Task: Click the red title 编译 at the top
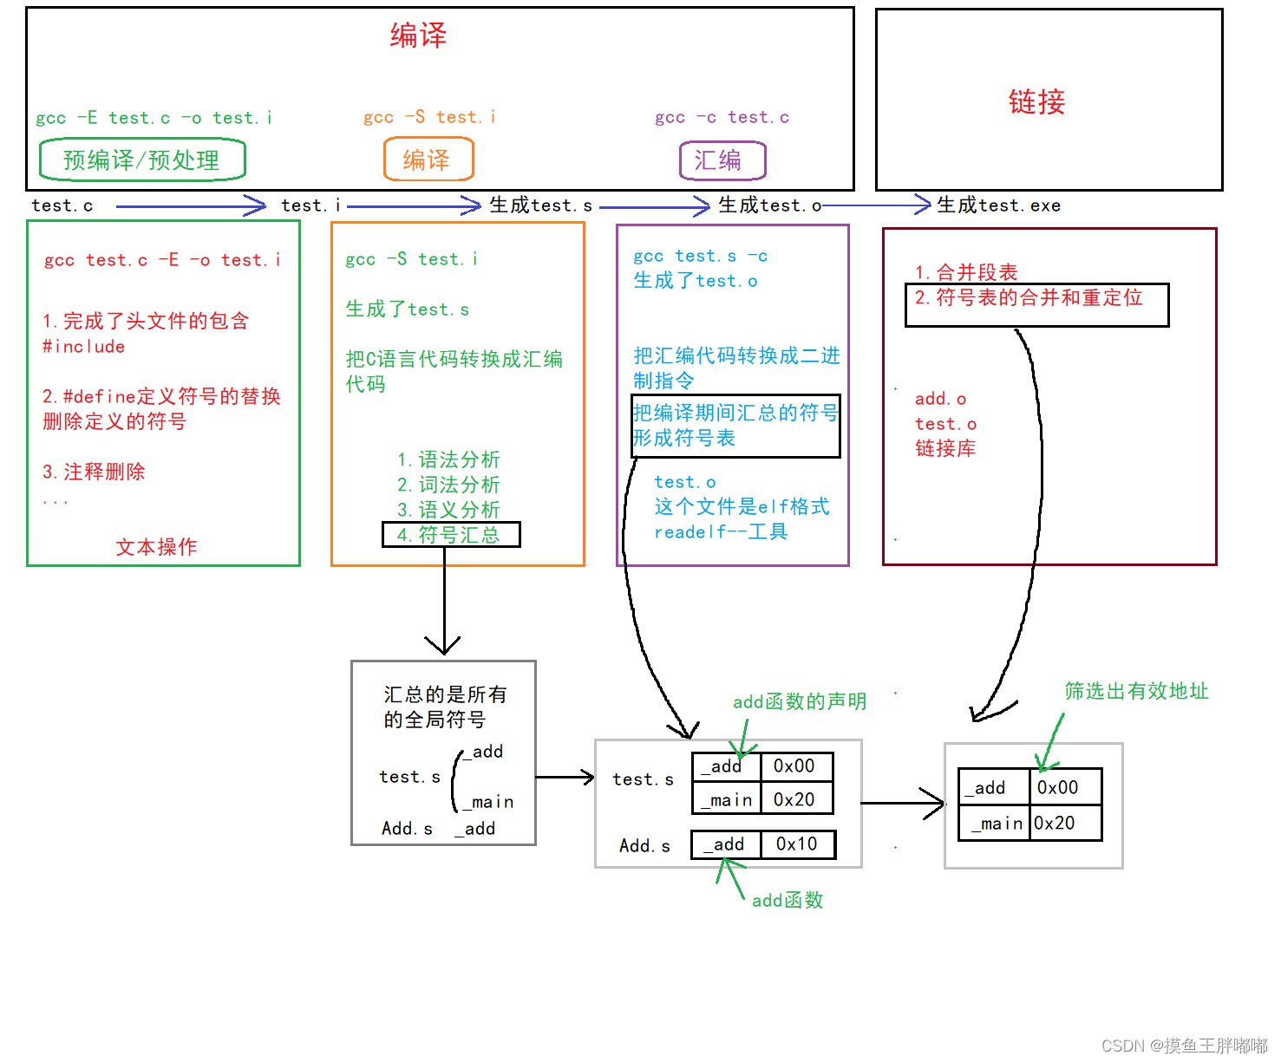coord(418,36)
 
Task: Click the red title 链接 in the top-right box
coord(1036,102)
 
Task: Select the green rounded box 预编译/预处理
coord(142,160)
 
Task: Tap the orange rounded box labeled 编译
coord(428,160)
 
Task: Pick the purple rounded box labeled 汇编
coord(722,160)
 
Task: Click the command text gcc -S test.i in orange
coord(429,117)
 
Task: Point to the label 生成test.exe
coord(998,205)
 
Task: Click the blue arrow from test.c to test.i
coord(191,206)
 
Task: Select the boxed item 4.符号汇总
coord(451,535)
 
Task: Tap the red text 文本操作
coord(157,547)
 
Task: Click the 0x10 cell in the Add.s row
coord(797,844)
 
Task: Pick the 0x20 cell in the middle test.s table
coord(795,799)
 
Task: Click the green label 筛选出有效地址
coord(1136,691)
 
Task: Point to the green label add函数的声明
coord(799,701)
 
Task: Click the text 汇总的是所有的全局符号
coord(444,707)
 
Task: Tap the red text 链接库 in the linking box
coord(945,448)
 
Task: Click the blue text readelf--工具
coord(721,531)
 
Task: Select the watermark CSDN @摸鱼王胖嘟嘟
coord(1184,1046)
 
